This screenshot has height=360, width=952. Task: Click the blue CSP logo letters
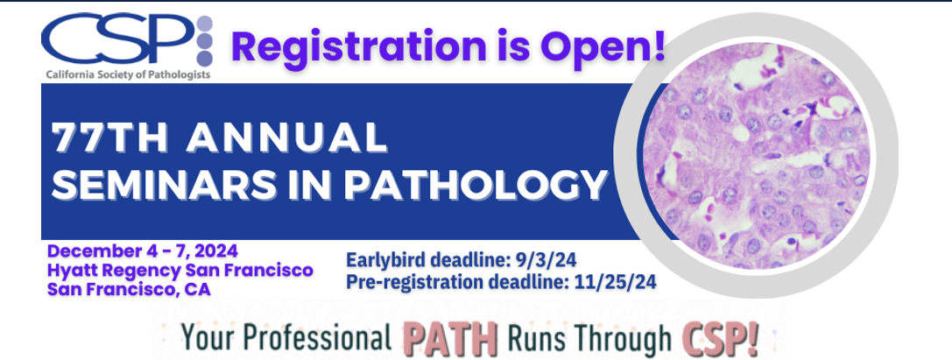tap(117, 41)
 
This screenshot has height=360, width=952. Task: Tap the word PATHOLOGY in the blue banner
tap(476, 183)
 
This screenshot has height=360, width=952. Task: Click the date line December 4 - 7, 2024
tap(143, 251)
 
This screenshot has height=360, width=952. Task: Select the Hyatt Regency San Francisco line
tap(180, 270)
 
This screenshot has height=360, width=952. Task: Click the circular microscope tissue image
tap(756, 155)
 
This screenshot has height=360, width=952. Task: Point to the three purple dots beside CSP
tap(205, 41)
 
